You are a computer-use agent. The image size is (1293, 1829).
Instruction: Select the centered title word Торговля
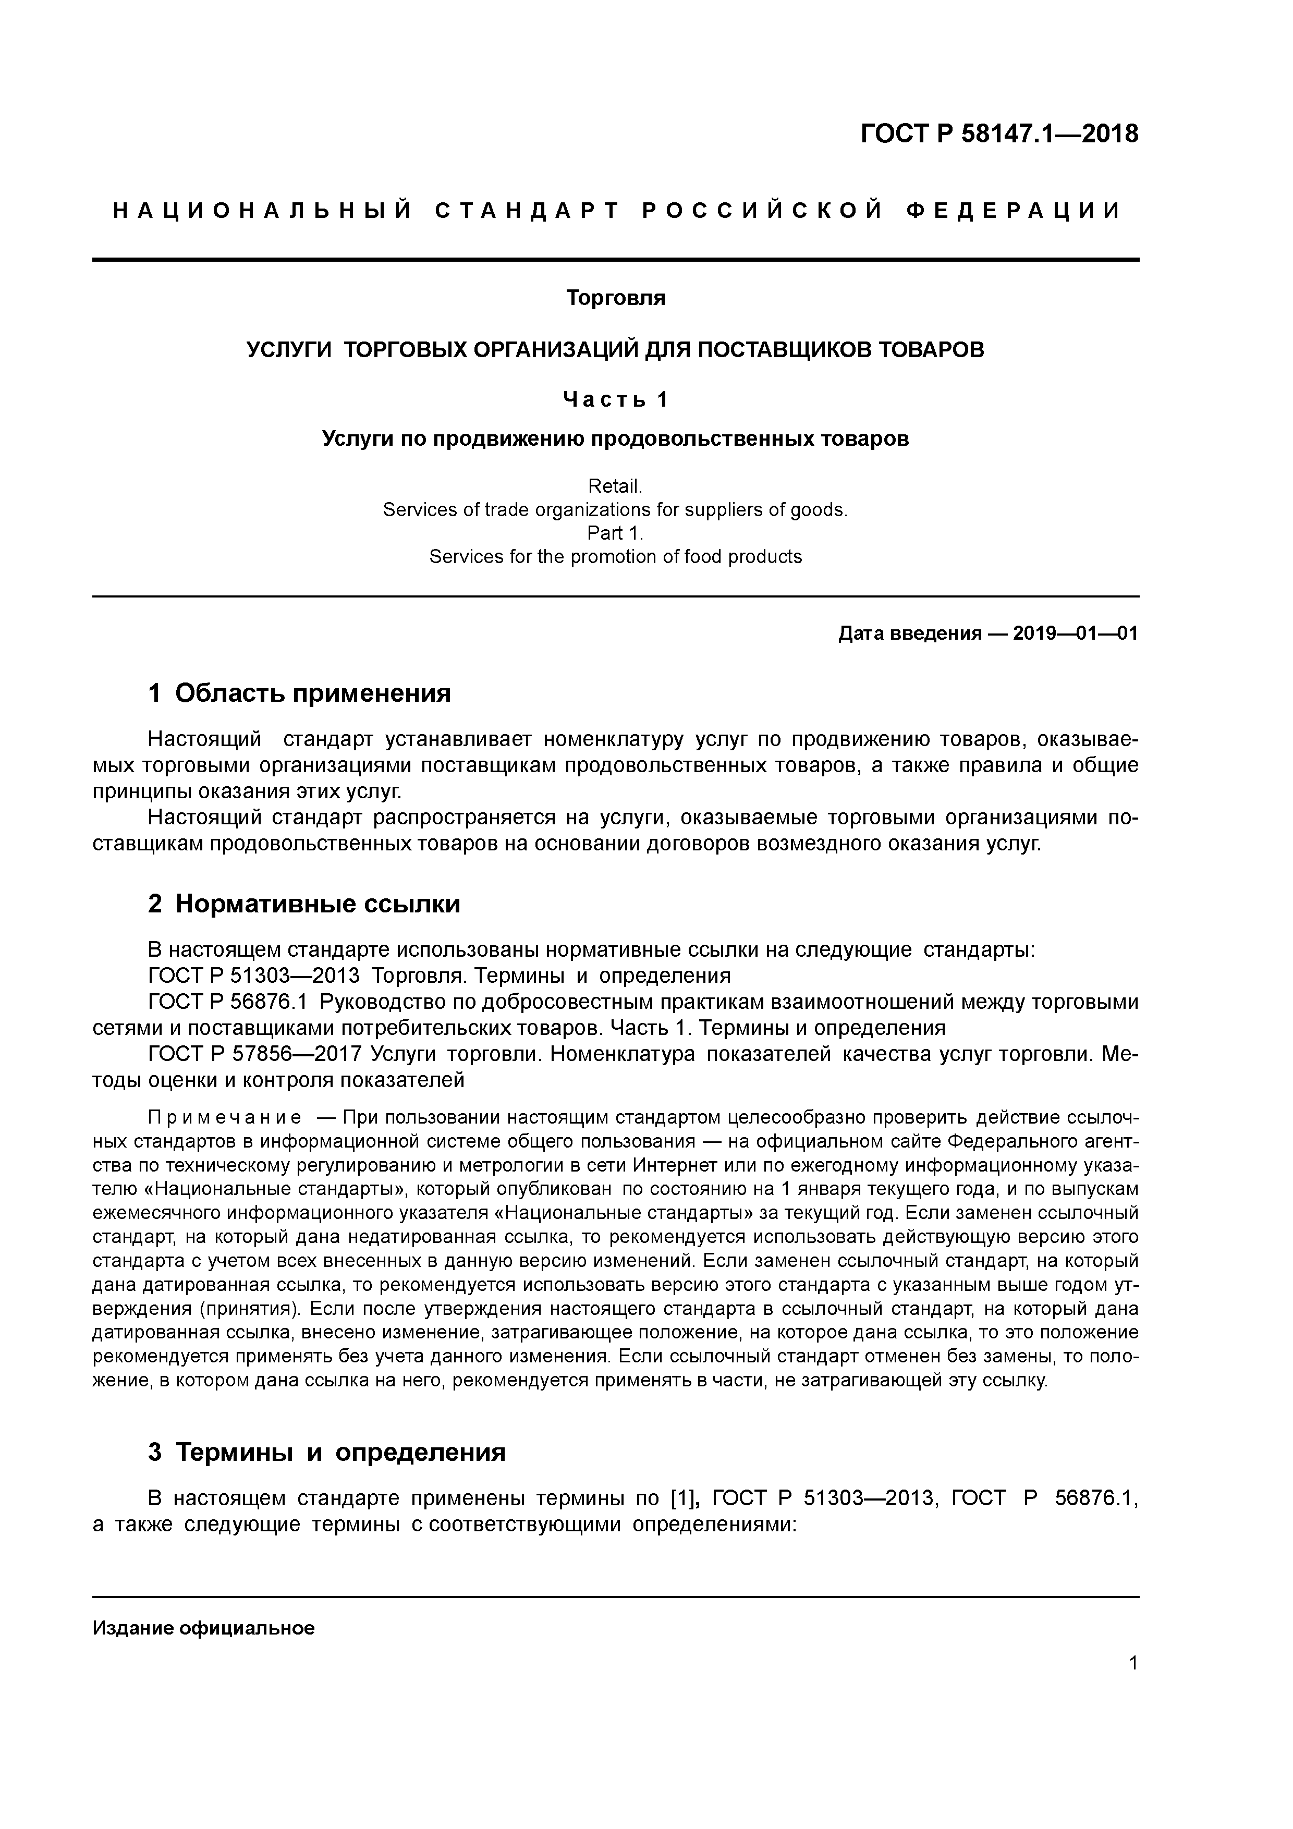click(x=615, y=298)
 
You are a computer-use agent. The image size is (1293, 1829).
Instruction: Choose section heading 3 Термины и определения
click(x=326, y=1452)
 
